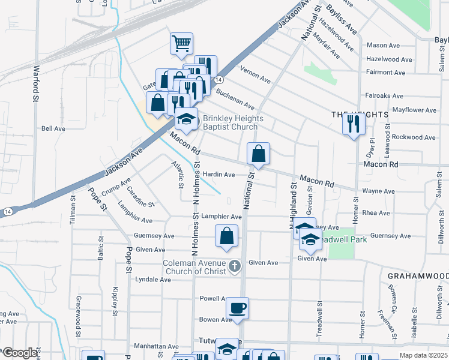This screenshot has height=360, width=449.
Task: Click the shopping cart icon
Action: tap(181, 43)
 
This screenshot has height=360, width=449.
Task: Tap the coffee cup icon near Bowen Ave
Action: tap(237, 308)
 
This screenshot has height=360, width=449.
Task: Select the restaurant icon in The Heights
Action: tap(354, 124)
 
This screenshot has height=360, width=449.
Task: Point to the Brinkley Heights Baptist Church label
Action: tap(230, 122)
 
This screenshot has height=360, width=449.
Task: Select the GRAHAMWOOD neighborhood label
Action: tap(417, 275)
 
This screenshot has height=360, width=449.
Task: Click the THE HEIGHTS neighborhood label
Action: tap(357, 113)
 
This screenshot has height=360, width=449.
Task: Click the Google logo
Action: tap(20, 353)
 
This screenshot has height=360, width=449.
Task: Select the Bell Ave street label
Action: tap(53, 128)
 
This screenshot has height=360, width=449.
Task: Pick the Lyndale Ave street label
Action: tap(153, 280)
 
